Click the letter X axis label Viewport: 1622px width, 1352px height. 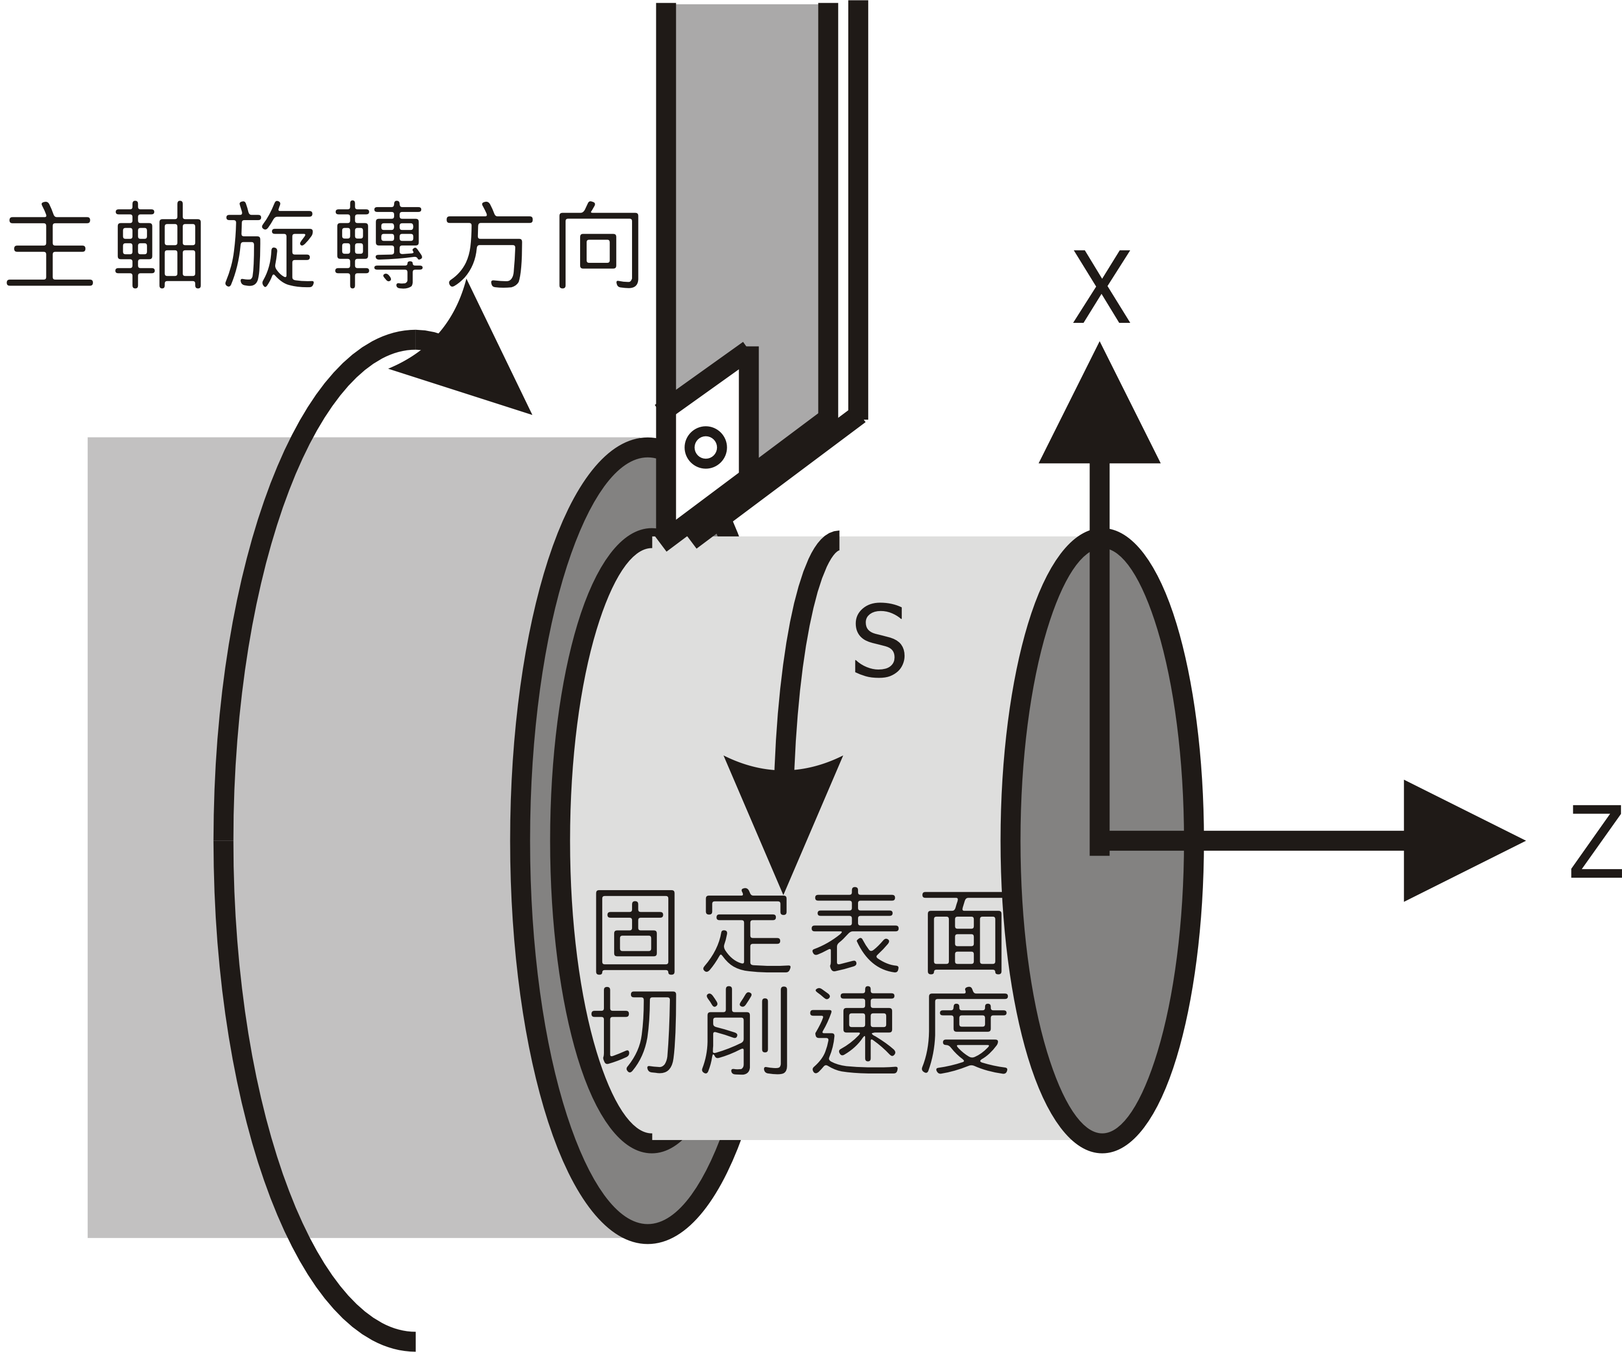tap(1101, 287)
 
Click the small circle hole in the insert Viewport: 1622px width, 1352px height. tap(705, 447)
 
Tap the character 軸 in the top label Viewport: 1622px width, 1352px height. tap(159, 246)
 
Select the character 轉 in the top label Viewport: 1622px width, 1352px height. tap(380, 246)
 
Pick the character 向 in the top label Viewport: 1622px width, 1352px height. tap(599, 246)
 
